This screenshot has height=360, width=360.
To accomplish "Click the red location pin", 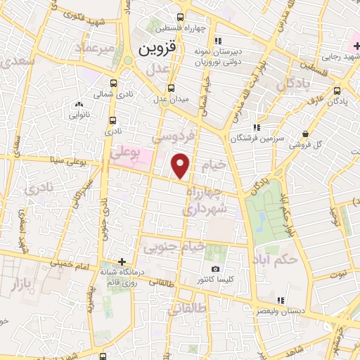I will (181, 166).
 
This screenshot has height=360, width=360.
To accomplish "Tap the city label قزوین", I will (153, 50).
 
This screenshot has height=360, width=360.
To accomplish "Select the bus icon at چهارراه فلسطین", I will (180, 18).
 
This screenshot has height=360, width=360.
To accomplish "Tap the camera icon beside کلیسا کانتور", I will (214, 269).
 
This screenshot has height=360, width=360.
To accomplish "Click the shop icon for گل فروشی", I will (305, 134).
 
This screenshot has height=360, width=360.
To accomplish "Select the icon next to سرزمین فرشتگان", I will (257, 127).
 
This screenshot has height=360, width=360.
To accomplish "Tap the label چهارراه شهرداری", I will (205, 200).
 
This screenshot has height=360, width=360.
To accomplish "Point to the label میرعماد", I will (96, 48).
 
